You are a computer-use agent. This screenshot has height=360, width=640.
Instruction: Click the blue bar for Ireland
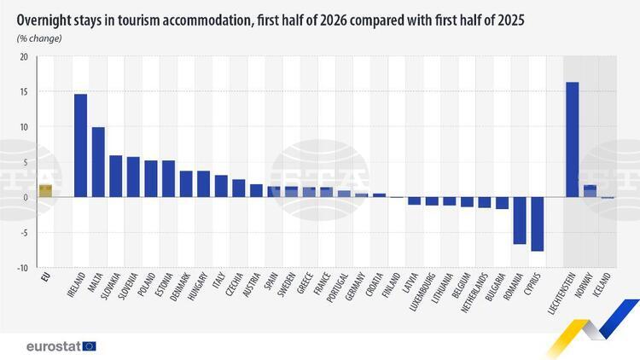click(x=80, y=146)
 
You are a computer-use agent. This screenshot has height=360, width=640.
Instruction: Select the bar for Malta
click(x=98, y=162)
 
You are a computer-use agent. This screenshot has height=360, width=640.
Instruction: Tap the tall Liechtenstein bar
click(x=573, y=140)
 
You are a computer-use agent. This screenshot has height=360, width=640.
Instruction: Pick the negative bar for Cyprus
click(x=537, y=224)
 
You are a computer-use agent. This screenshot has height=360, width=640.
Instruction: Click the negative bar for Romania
click(x=520, y=220)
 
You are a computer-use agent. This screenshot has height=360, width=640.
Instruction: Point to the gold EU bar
click(x=45, y=191)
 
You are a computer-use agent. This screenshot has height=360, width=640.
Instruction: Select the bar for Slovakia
click(x=116, y=177)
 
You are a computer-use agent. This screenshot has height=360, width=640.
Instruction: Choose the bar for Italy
click(x=221, y=186)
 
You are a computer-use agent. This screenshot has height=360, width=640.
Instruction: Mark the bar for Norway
click(x=590, y=191)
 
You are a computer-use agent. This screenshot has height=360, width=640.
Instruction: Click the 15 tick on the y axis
click(x=24, y=92)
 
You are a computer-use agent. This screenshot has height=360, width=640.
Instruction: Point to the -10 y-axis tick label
click(x=22, y=268)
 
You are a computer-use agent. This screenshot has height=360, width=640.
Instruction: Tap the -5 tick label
click(x=24, y=233)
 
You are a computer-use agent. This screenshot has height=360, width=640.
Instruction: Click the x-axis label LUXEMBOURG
click(x=423, y=292)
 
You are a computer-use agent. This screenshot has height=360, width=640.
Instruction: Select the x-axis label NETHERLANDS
click(x=474, y=293)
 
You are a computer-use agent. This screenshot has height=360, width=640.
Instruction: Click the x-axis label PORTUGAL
click(x=337, y=287)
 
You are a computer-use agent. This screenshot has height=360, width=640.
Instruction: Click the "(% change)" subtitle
click(x=39, y=38)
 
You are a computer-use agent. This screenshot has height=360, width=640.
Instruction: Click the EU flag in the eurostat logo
click(x=90, y=346)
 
